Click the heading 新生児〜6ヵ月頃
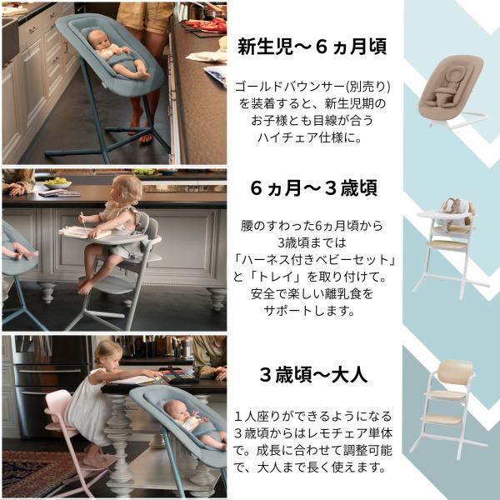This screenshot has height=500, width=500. [x=312, y=47]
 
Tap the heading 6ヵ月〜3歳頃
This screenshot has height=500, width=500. [x=314, y=187]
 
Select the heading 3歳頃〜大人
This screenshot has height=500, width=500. [x=313, y=374]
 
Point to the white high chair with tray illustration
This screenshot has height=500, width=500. [x=450, y=248]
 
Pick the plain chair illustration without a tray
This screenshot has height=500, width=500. [x=448, y=409]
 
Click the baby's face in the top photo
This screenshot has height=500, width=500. [x=98, y=40]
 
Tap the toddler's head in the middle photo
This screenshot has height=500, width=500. [x=125, y=191]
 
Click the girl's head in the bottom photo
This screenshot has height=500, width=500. [x=108, y=355]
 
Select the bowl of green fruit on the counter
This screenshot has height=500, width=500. [x=57, y=183]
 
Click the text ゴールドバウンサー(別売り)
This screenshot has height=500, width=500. [x=312, y=87]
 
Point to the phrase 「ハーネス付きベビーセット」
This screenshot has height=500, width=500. [x=314, y=260]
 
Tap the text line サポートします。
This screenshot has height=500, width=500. [x=309, y=311]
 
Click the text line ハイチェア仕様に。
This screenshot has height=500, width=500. [x=310, y=137]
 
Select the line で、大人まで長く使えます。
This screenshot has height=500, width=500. [x=310, y=467]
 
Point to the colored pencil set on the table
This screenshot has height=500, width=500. [x=178, y=375]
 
